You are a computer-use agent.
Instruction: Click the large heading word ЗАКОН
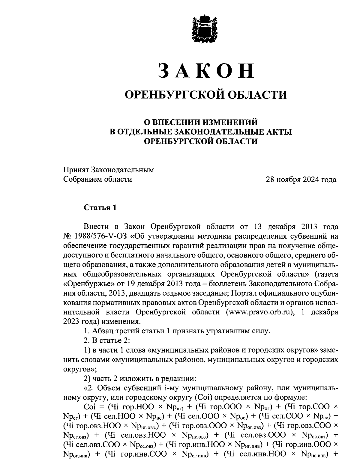(206, 71)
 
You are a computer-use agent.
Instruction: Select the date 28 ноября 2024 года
(301, 180)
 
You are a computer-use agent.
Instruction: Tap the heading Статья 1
(100, 207)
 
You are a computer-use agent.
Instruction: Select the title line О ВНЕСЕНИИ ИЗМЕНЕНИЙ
(201, 122)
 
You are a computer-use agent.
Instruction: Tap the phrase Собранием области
(98, 179)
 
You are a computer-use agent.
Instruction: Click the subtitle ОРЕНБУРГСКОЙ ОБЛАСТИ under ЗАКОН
(206, 95)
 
